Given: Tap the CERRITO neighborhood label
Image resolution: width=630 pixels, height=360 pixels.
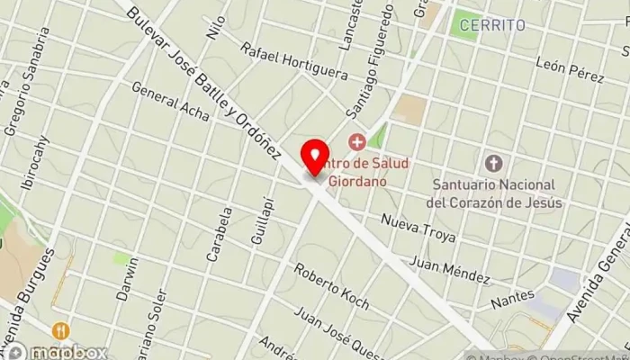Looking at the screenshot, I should [x=491, y=26].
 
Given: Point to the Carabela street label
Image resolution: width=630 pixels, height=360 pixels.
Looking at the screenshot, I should [x=218, y=234].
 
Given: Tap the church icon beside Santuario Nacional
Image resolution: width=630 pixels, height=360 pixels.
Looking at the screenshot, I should [x=492, y=164].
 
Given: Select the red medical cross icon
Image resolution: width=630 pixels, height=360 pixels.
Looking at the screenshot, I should [x=357, y=142].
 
